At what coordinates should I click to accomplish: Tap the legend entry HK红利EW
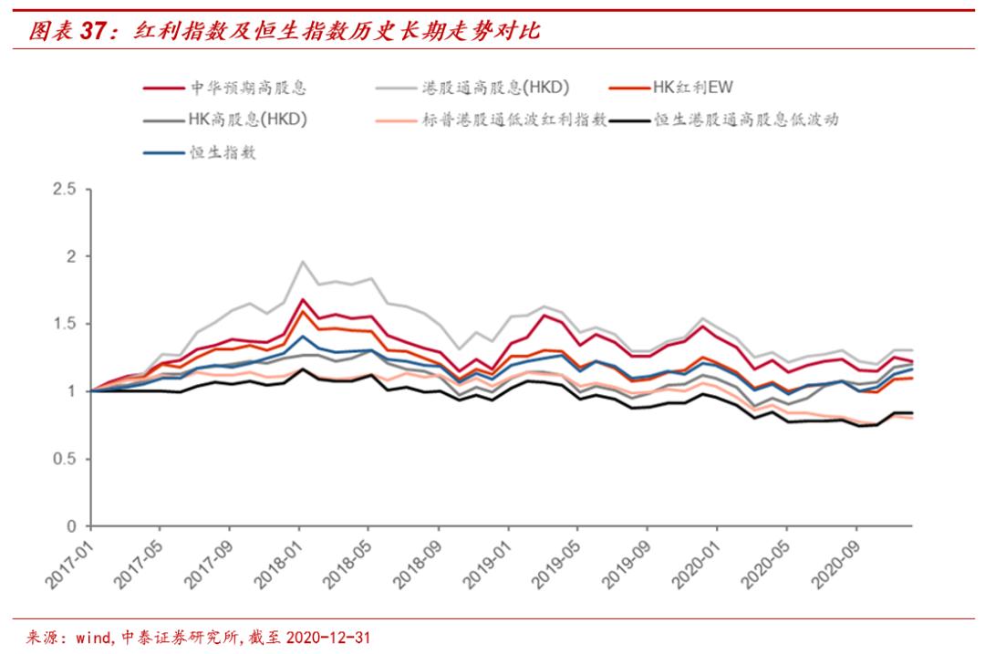[693, 88]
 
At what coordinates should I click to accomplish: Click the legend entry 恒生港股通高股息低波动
[758, 119]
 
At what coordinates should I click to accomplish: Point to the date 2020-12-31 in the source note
[327, 636]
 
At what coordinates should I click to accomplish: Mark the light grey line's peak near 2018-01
[302, 262]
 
